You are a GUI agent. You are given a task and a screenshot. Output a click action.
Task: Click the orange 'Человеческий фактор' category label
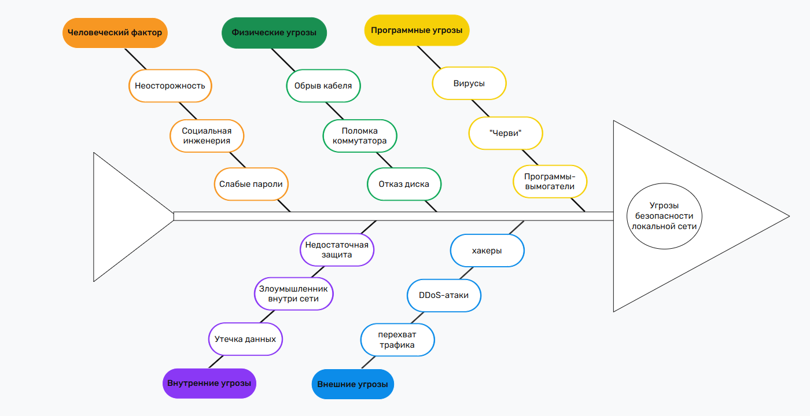pyautogui.click(x=115, y=33)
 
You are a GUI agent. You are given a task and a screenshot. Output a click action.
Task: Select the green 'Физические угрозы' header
pyautogui.click(x=274, y=33)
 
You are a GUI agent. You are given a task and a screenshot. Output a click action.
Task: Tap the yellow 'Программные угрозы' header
pyautogui.click(x=417, y=30)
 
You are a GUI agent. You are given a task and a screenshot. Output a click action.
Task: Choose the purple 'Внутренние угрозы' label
pyautogui.click(x=209, y=383)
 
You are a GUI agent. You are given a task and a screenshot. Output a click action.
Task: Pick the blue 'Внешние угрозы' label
pyautogui.click(x=352, y=384)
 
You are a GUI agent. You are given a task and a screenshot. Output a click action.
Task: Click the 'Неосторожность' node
pyautogui.click(x=170, y=86)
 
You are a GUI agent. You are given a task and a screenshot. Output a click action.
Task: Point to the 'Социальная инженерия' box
pyautogui.click(x=207, y=136)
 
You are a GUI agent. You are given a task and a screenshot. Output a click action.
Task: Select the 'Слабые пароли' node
pyautogui.click(x=251, y=184)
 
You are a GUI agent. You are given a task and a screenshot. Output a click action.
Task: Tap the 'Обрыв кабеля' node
pyautogui.click(x=323, y=86)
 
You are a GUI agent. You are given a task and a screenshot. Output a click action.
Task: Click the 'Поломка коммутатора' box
pyautogui.click(x=360, y=136)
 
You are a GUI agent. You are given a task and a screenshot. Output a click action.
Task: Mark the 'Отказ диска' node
pyautogui.click(x=404, y=184)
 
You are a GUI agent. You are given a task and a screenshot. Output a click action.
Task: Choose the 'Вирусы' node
pyautogui.click(x=469, y=83)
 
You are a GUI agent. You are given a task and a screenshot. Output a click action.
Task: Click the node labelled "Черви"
pyautogui.click(x=506, y=133)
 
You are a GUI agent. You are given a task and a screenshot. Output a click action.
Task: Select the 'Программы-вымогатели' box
pyautogui.click(x=550, y=181)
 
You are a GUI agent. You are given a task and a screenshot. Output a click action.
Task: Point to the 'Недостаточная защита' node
pyautogui.click(x=337, y=249)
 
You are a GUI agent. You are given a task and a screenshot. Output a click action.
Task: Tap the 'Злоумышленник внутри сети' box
pyautogui.click(x=294, y=294)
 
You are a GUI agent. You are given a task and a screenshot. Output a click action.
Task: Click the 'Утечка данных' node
pyautogui.click(x=245, y=339)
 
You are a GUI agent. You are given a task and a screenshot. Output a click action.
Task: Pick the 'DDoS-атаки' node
pyautogui.click(x=444, y=295)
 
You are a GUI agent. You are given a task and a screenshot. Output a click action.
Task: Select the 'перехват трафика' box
pyautogui.click(x=397, y=340)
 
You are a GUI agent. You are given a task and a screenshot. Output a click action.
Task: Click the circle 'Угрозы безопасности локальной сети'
pyautogui.click(x=664, y=216)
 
